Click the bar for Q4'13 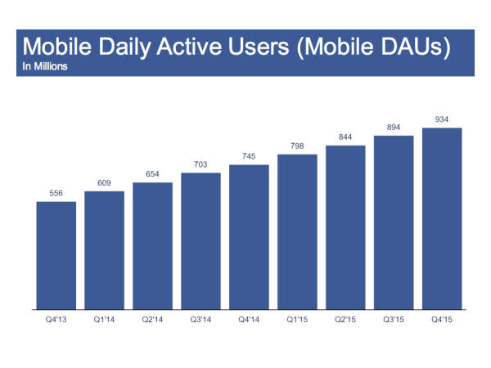point(56,256)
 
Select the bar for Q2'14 point(152,246)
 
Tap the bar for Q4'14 point(249,237)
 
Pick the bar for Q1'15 point(297,232)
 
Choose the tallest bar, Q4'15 point(442,219)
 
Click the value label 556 point(56,193)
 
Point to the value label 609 point(104,183)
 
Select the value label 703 point(200,164)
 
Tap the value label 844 point(345,137)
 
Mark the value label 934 point(442,119)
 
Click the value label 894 point(394,128)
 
